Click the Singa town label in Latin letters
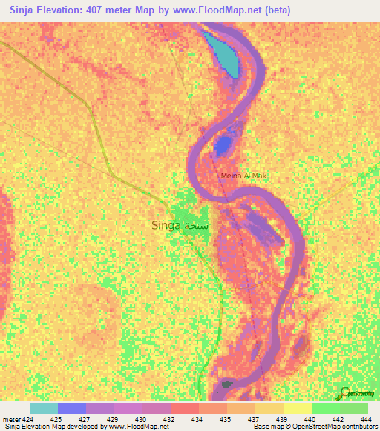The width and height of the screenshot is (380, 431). point(166,224)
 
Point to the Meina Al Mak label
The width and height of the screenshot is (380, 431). point(243,176)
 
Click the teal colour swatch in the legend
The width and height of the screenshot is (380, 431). point(44,408)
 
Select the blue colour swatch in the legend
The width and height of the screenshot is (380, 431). point(72,408)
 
